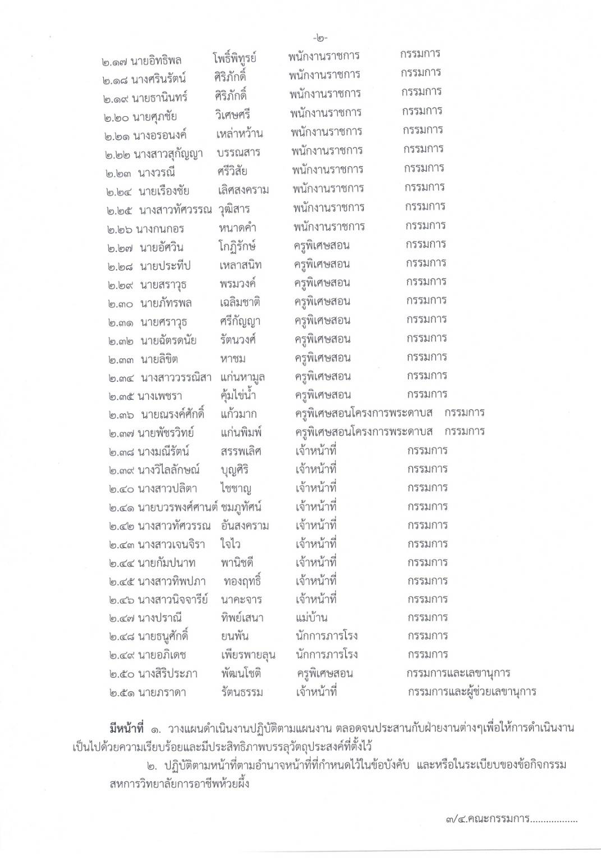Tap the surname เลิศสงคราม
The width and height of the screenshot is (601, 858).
tap(243, 190)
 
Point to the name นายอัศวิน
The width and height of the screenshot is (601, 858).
tap(162, 248)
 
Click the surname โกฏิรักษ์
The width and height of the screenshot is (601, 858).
tap(237, 247)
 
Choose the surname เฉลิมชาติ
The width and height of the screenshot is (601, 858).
tap(240, 303)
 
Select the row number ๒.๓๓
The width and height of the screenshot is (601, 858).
tap(121, 359)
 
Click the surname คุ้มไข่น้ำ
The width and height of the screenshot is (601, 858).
tap(238, 395)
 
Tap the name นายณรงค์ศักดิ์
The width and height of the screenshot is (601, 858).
tap(172, 415)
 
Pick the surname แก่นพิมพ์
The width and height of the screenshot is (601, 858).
tap(241, 433)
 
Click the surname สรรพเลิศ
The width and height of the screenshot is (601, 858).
tap(241, 451)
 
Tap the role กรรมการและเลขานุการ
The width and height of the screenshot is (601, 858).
tap(458, 673)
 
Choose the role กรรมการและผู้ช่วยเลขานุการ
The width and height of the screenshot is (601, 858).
tap(471, 692)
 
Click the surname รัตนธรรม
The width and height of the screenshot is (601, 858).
tap(242, 692)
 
